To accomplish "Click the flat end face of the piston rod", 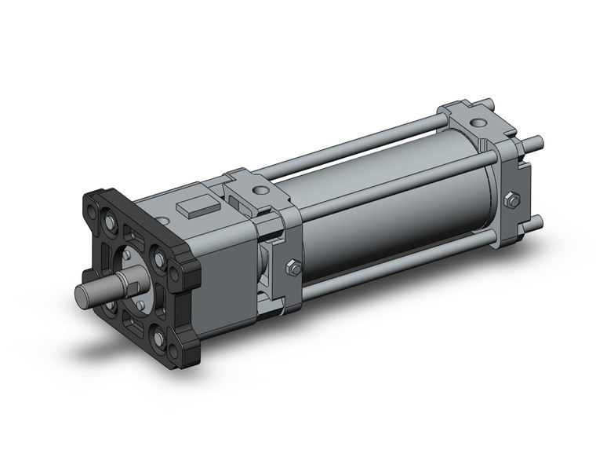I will (83, 295).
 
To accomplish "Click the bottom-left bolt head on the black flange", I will (111, 306).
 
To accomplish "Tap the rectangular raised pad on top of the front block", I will (196, 210).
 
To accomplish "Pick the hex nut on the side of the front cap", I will (293, 266).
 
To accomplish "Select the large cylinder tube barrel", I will (392, 212).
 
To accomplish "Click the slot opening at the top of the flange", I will (132, 232).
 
